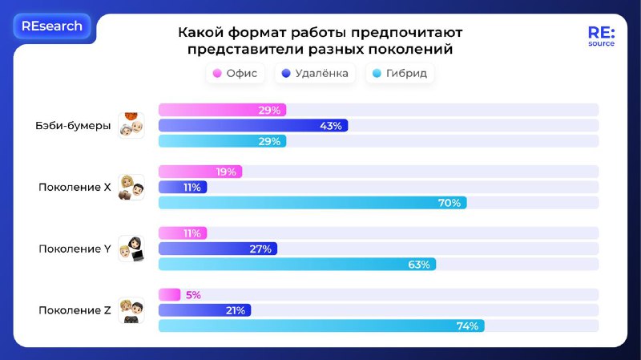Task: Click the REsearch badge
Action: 52,26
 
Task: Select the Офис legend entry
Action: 235,74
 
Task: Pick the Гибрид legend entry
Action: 400,74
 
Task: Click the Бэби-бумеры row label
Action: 73,125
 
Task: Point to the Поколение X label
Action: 75,187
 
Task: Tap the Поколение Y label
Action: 75,249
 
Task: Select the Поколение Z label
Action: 75,310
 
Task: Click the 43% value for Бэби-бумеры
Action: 331,126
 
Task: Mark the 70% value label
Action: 450,203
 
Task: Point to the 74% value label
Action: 467,326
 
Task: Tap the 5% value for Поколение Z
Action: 192,295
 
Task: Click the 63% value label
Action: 419,264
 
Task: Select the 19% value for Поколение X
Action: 225,172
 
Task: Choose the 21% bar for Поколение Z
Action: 205,310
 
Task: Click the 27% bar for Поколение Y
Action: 218,249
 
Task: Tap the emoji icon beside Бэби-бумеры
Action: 131,124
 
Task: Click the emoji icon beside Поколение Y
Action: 131,249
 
